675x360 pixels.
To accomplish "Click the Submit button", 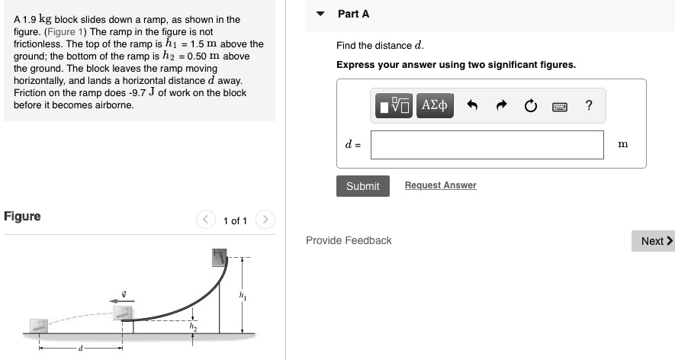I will point(362,186).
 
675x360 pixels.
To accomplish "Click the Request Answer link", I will point(440,185).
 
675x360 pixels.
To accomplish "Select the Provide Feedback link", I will point(349,240).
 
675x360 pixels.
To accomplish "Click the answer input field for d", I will point(487,145).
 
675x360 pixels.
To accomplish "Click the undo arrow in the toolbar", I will point(472,106).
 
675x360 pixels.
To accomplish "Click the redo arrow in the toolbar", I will point(502,106).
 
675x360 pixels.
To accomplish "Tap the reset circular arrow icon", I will point(531,106).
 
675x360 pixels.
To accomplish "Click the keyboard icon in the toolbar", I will point(560,106).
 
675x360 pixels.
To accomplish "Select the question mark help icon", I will point(588,106).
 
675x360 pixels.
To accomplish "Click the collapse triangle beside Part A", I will point(321,14).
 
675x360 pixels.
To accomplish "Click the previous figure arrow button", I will point(205,220).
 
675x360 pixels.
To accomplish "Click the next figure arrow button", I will point(264,220).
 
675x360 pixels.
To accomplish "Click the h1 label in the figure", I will point(243,294).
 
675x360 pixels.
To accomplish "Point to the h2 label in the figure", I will point(193,326).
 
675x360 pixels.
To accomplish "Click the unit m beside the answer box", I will point(622,144).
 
